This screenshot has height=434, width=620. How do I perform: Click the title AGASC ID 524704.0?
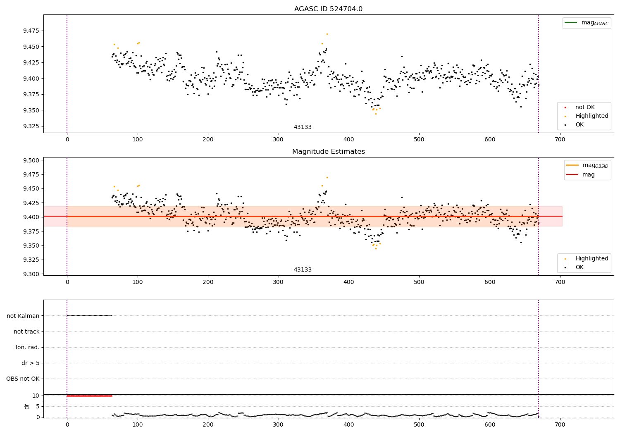pyautogui.click(x=328, y=9)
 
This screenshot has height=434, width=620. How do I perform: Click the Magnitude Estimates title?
pyautogui.click(x=328, y=152)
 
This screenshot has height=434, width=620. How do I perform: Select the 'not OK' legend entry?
pyautogui.click(x=584, y=107)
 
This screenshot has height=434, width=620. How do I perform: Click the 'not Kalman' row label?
pyautogui.click(x=23, y=316)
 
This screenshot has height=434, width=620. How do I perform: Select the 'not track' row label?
pyautogui.click(x=26, y=331)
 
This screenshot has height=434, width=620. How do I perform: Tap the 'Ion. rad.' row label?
pyautogui.click(x=28, y=347)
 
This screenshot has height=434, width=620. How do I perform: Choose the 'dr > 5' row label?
pyautogui.click(x=31, y=363)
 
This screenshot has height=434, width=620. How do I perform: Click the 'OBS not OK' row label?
pyautogui.click(x=23, y=379)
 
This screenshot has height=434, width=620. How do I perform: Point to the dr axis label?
pyautogui.click(x=27, y=406)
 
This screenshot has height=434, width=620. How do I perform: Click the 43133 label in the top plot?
pyautogui.click(x=303, y=127)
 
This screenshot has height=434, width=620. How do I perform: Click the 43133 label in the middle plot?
pyautogui.click(x=303, y=270)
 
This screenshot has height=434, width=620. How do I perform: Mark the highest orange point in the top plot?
pyautogui.click(x=327, y=34)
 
